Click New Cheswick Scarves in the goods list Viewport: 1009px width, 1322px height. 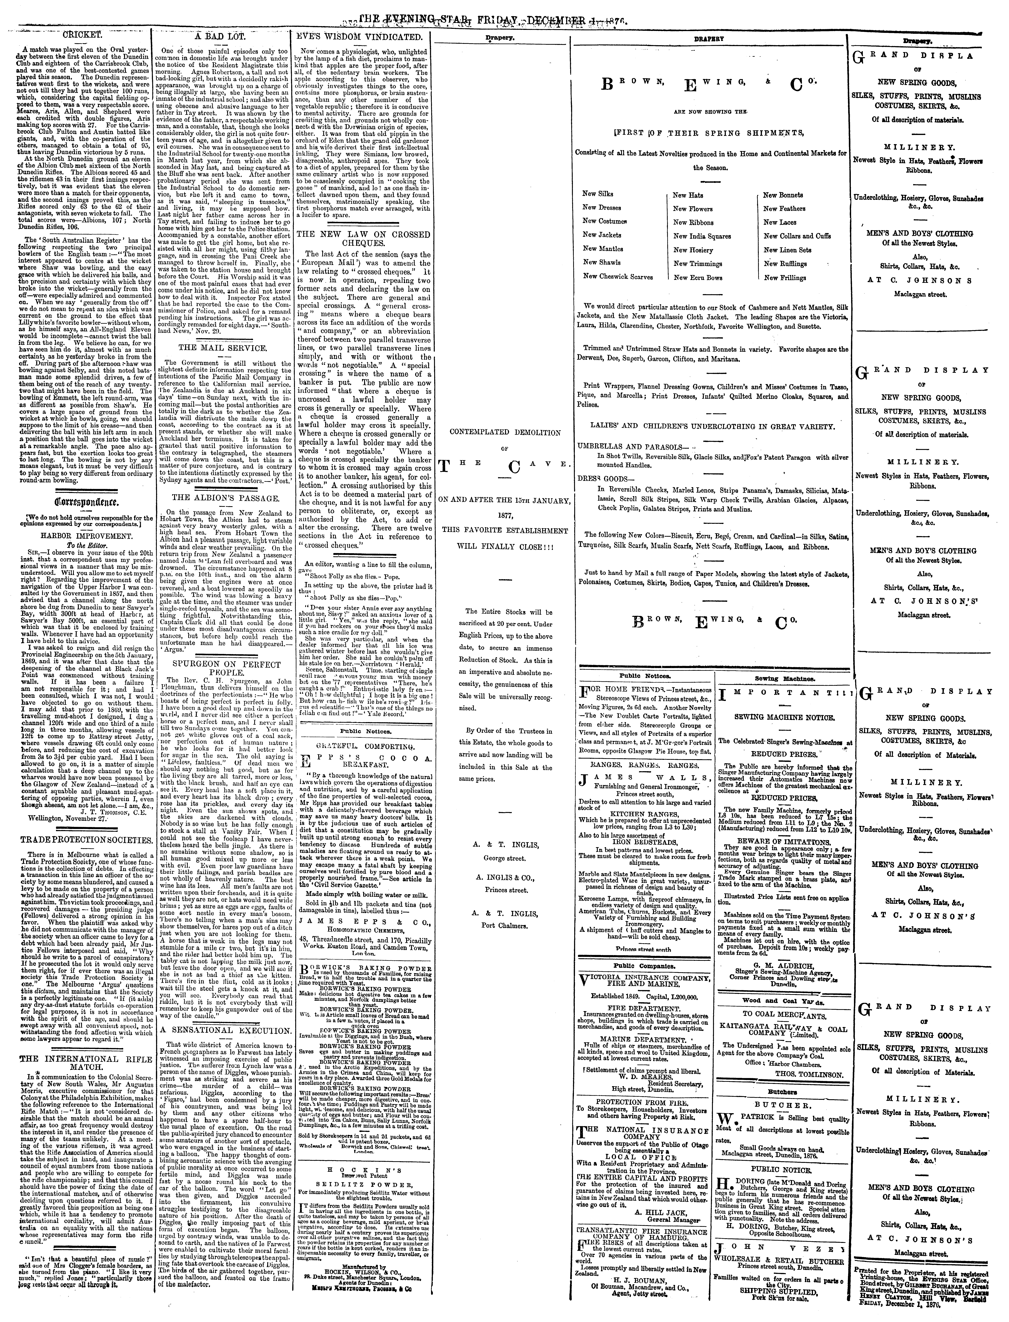tap(617, 277)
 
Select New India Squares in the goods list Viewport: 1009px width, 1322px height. tap(701, 236)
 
